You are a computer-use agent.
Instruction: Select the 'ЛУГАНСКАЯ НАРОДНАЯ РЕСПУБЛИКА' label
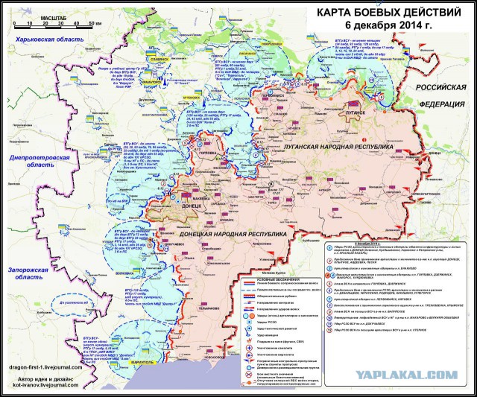[x=338, y=148]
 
